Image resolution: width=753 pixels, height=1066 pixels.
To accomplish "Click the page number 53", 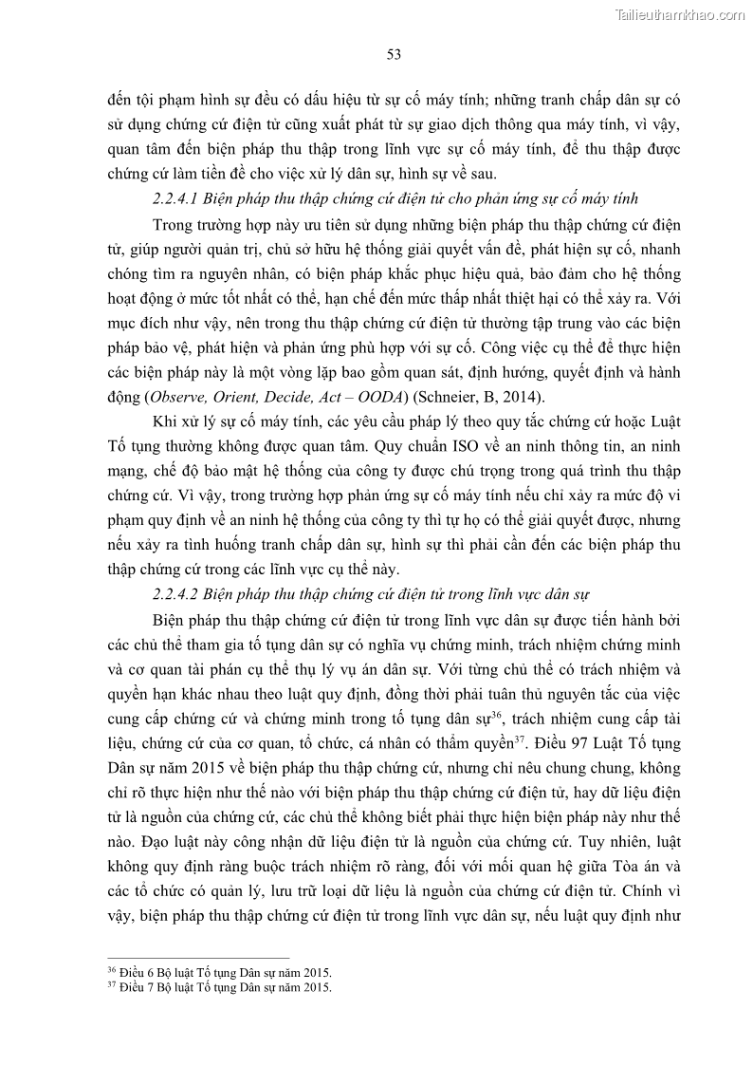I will (x=395, y=54).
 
